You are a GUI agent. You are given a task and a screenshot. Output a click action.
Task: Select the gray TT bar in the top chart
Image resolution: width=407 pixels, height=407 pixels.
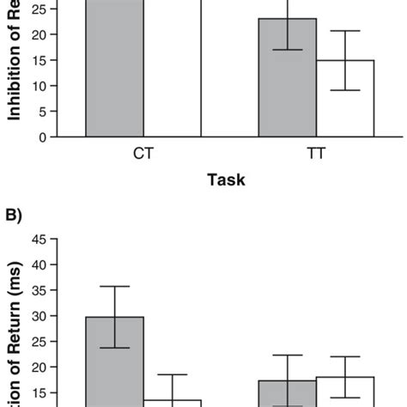click(288, 77)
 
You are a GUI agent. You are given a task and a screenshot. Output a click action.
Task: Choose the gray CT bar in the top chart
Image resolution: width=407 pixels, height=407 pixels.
click(114, 69)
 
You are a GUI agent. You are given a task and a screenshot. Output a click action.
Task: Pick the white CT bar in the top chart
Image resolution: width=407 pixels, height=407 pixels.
click(173, 69)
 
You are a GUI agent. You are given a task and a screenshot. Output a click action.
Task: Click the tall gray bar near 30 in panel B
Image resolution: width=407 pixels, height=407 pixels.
click(114, 361)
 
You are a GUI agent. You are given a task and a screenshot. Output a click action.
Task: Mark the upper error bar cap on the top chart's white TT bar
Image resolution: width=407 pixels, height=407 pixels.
click(345, 31)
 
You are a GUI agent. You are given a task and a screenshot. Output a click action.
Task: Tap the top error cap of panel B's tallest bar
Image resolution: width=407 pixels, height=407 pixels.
click(114, 286)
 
